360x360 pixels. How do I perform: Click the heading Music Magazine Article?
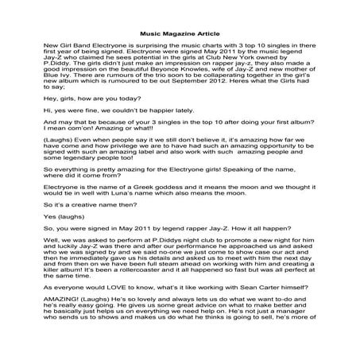(180, 34)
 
